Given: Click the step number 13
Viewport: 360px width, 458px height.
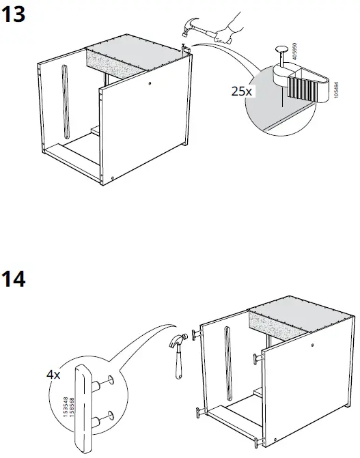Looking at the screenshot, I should pyautogui.click(x=15, y=15).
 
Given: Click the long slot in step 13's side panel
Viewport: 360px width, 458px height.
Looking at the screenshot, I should pyautogui.click(x=65, y=98).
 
